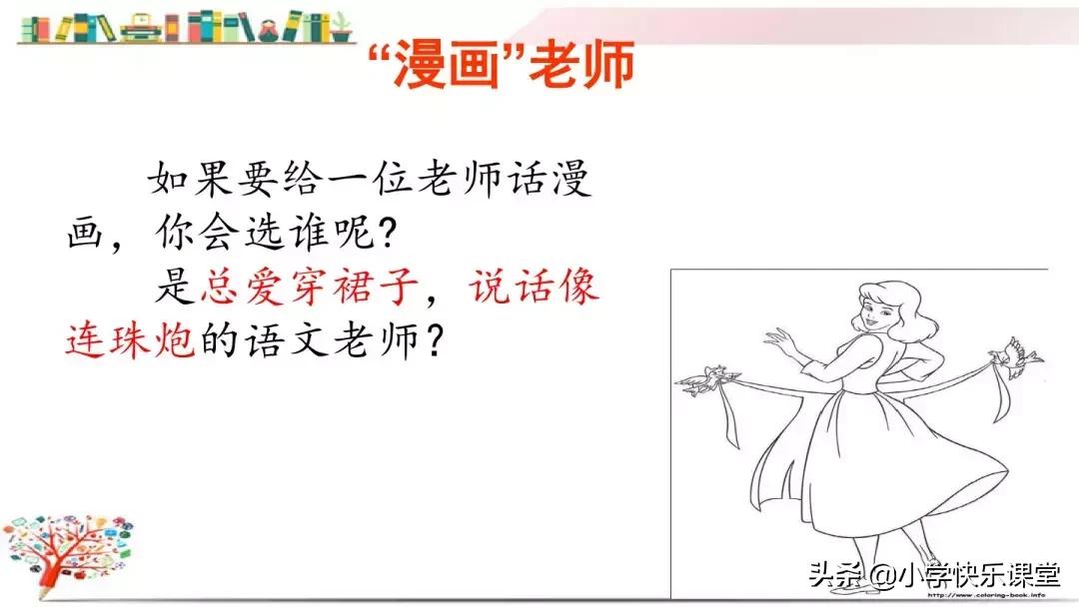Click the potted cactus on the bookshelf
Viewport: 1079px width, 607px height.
point(342,27)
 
